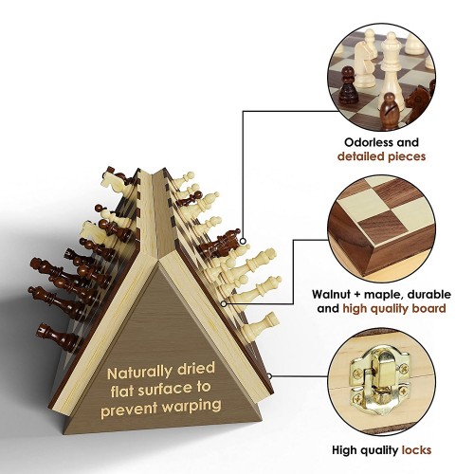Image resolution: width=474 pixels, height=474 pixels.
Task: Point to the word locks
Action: [x=416, y=450]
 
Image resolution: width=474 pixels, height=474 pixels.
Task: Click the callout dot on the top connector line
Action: [x=243, y=241]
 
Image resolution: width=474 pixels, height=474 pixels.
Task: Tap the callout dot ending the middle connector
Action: [x=224, y=303]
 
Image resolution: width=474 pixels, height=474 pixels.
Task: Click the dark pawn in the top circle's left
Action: [x=348, y=86]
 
